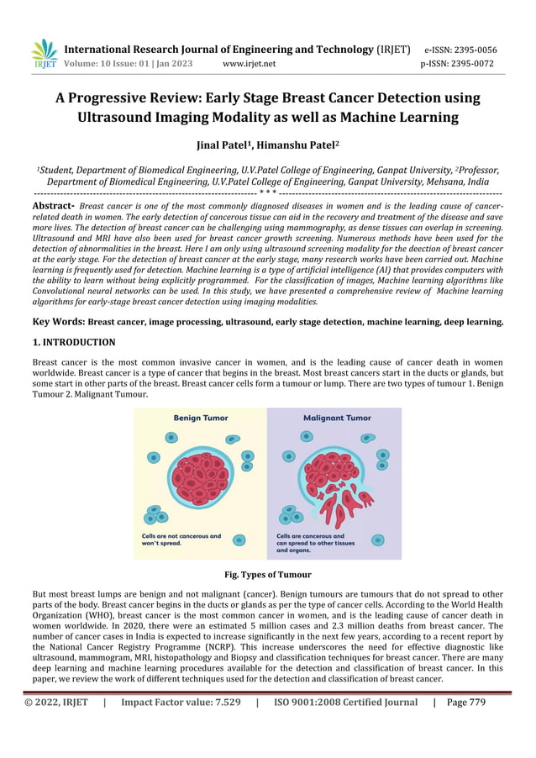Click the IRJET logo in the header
click(x=44, y=54)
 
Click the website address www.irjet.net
click(x=250, y=63)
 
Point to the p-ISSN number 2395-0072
click(x=457, y=63)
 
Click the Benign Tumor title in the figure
click(x=200, y=418)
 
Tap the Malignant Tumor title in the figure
click(x=336, y=418)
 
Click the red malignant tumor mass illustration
click(x=336, y=483)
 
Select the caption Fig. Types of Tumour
click(x=268, y=575)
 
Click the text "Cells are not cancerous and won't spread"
click(x=181, y=540)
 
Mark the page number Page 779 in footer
click(x=466, y=703)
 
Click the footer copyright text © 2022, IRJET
click(x=55, y=703)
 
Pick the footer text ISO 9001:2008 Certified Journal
click(x=345, y=703)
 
